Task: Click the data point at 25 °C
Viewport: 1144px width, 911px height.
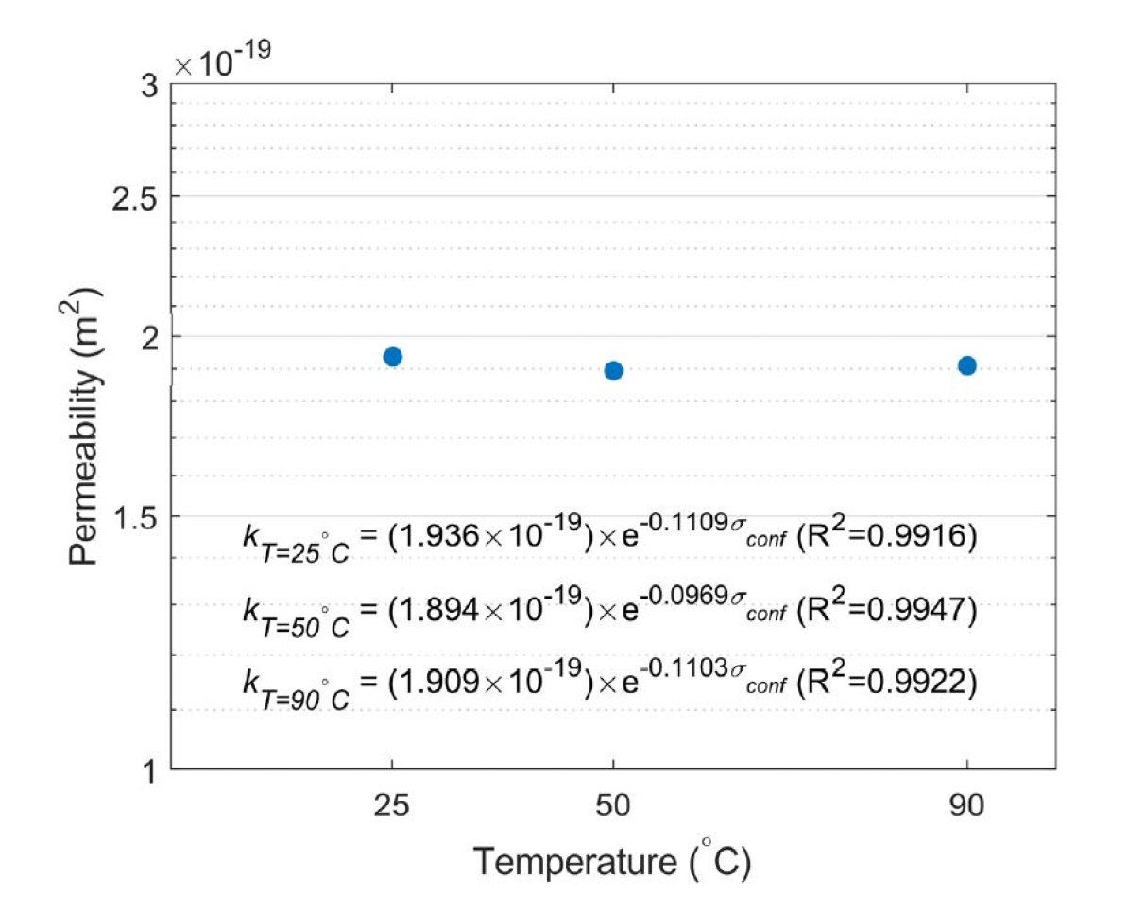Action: (393, 357)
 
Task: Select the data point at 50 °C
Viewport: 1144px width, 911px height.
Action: (613, 370)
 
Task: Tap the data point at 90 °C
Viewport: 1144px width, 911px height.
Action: (966, 365)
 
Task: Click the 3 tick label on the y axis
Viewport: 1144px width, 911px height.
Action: (149, 86)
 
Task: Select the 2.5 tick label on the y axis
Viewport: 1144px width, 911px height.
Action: (137, 196)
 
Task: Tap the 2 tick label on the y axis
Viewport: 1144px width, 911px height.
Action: (149, 336)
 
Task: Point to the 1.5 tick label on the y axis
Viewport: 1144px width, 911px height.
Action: (137, 516)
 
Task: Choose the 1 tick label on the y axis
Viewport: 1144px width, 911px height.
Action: (149, 771)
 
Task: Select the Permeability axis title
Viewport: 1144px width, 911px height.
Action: (86, 426)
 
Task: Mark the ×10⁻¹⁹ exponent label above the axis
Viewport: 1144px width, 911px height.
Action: (224, 63)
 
